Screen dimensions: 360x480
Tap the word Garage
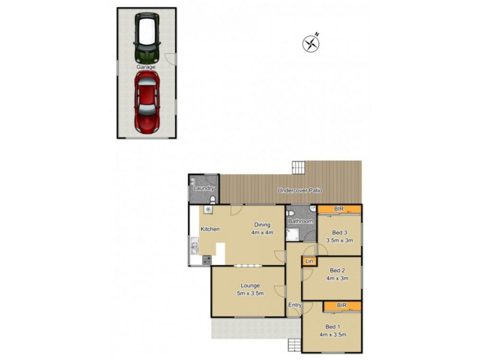[x=146, y=67]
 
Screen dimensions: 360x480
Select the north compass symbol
[x=311, y=43]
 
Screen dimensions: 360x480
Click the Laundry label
[x=204, y=188]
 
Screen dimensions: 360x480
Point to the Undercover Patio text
[x=299, y=191]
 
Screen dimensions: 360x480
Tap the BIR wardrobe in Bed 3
[x=339, y=209]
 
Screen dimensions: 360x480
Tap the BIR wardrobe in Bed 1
[x=342, y=306]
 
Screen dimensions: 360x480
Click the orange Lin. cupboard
[x=310, y=262]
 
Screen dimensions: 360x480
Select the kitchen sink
[x=194, y=246]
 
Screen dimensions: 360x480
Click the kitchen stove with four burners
[x=207, y=260]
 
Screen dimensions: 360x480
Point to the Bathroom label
[x=301, y=221]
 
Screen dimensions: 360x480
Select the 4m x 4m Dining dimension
[x=262, y=233]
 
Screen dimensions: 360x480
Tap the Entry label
[x=295, y=305]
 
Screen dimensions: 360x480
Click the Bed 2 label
[x=338, y=270]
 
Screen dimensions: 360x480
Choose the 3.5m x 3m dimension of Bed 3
[x=340, y=240]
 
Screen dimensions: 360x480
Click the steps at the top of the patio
[x=299, y=167]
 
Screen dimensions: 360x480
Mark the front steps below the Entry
[x=295, y=345]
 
